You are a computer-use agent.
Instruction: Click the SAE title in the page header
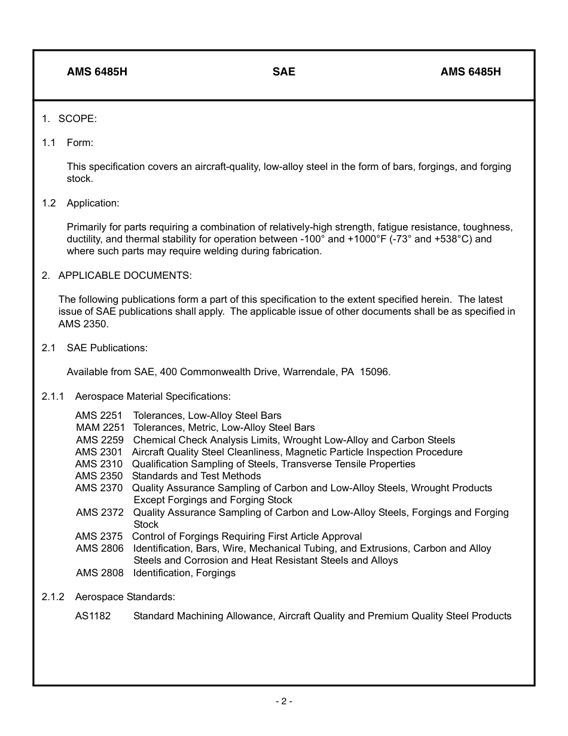(x=284, y=72)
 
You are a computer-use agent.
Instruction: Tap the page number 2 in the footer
(x=284, y=701)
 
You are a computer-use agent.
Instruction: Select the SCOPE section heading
(x=77, y=118)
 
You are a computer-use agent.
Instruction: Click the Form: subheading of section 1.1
(x=80, y=142)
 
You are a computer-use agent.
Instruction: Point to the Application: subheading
(x=93, y=203)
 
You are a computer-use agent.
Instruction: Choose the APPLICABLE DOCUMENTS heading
(x=125, y=275)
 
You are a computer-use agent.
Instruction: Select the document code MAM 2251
(x=100, y=427)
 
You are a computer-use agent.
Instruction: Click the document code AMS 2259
(x=100, y=440)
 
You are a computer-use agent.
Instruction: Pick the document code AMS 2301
(x=99, y=452)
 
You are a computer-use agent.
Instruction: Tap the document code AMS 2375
(x=99, y=536)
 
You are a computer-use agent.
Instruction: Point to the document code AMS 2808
(x=100, y=573)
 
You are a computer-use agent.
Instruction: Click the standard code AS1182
(x=93, y=616)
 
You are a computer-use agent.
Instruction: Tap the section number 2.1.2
(x=53, y=597)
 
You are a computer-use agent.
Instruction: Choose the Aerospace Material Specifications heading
(x=152, y=396)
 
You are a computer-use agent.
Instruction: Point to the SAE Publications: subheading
(x=107, y=348)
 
